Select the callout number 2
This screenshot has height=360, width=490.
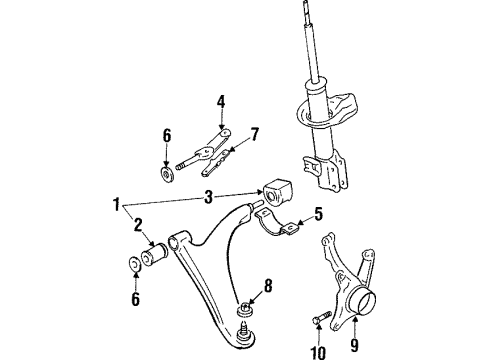[x=138, y=225]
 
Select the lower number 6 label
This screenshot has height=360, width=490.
[x=136, y=299]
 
